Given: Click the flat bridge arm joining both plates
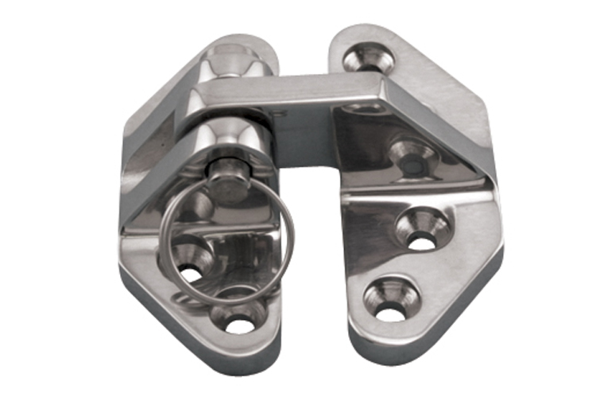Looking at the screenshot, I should pyautogui.click(x=302, y=94).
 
